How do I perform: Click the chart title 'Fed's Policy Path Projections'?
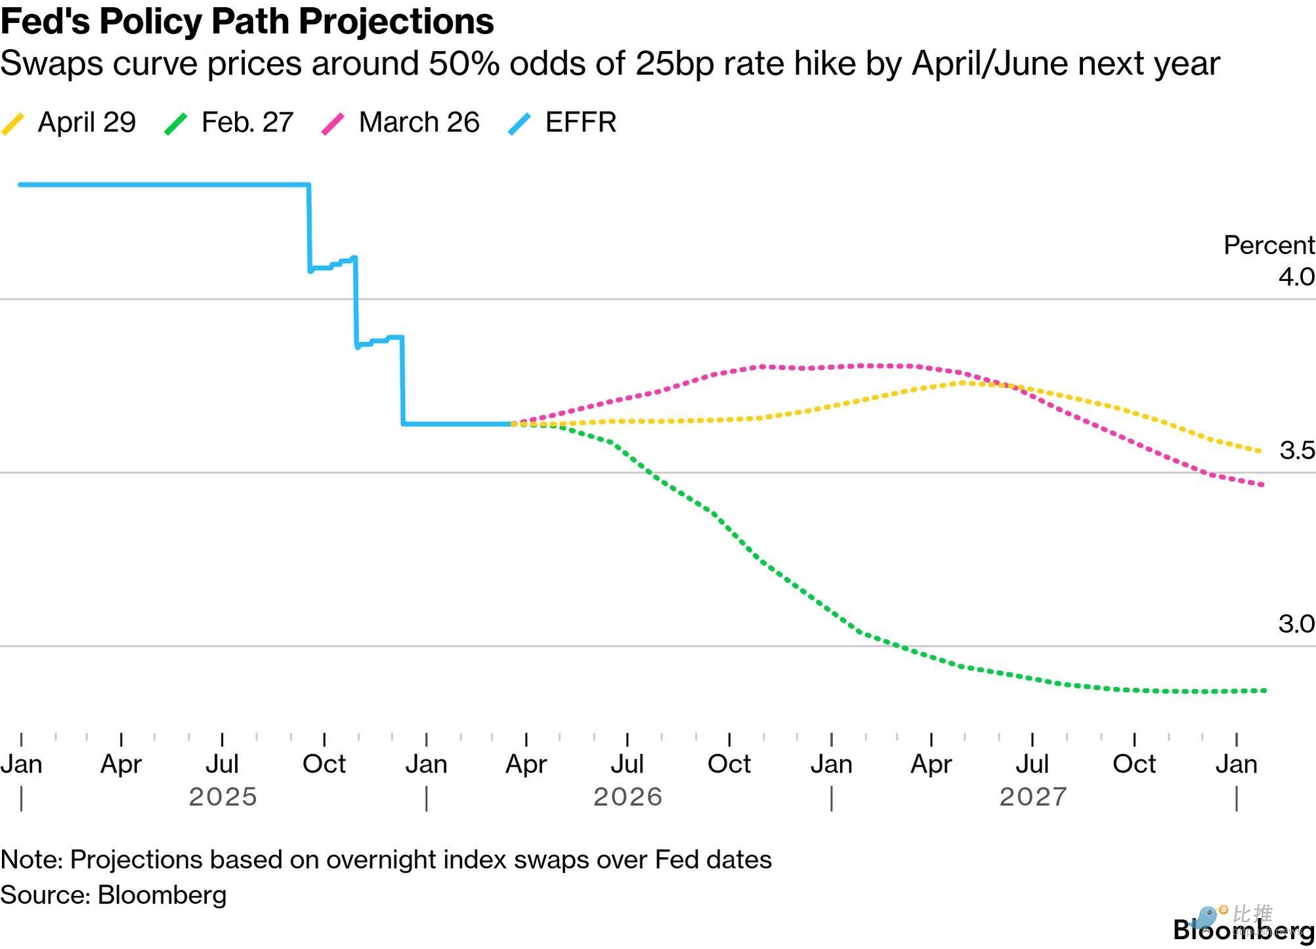coord(247,21)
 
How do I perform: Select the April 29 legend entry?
coord(68,123)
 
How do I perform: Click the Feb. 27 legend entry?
coord(228,123)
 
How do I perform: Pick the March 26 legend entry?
coord(400,123)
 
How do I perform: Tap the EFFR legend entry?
coord(562,123)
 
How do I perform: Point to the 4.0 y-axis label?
coord(1296,276)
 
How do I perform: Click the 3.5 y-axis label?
coord(1297,450)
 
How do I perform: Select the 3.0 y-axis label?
coord(1296,623)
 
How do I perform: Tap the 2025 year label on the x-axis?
coord(223,797)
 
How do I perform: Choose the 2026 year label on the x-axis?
coord(628,797)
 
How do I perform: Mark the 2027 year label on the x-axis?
coord(1033,797)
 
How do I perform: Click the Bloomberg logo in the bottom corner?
coord(1244,929)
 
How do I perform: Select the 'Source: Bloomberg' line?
coord(114,895)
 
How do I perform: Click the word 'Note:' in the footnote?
coord(32,860)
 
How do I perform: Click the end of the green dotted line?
coord(1264,690)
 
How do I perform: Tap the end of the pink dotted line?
coord(1262,485)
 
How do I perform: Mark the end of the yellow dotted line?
coord(1259,451)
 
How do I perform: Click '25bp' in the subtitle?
coord(675,64)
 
